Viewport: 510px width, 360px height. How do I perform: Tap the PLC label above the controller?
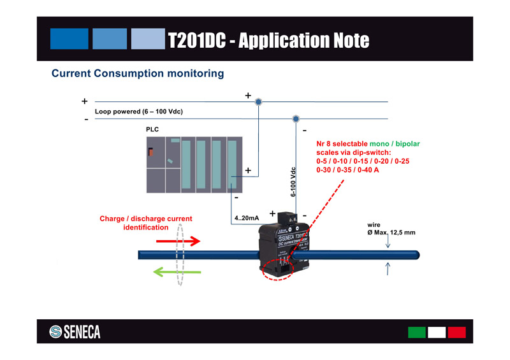(152, 130)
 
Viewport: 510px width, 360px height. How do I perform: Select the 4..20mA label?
(247, 219)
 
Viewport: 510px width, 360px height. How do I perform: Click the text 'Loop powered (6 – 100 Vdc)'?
(139, 112)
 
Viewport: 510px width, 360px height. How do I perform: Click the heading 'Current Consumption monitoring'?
(138, 74)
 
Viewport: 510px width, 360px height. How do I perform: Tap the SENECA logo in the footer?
(75, 332)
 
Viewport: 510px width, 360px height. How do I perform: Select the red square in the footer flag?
(456, 333)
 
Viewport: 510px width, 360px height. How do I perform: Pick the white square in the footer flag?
(437, 333)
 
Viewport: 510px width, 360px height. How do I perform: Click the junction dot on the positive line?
(258, 102)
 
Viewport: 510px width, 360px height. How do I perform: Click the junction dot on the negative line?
(295, 119)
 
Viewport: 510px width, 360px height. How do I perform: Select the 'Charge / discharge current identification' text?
(145, 223)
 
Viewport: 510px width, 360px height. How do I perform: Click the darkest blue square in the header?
(68, 39)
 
